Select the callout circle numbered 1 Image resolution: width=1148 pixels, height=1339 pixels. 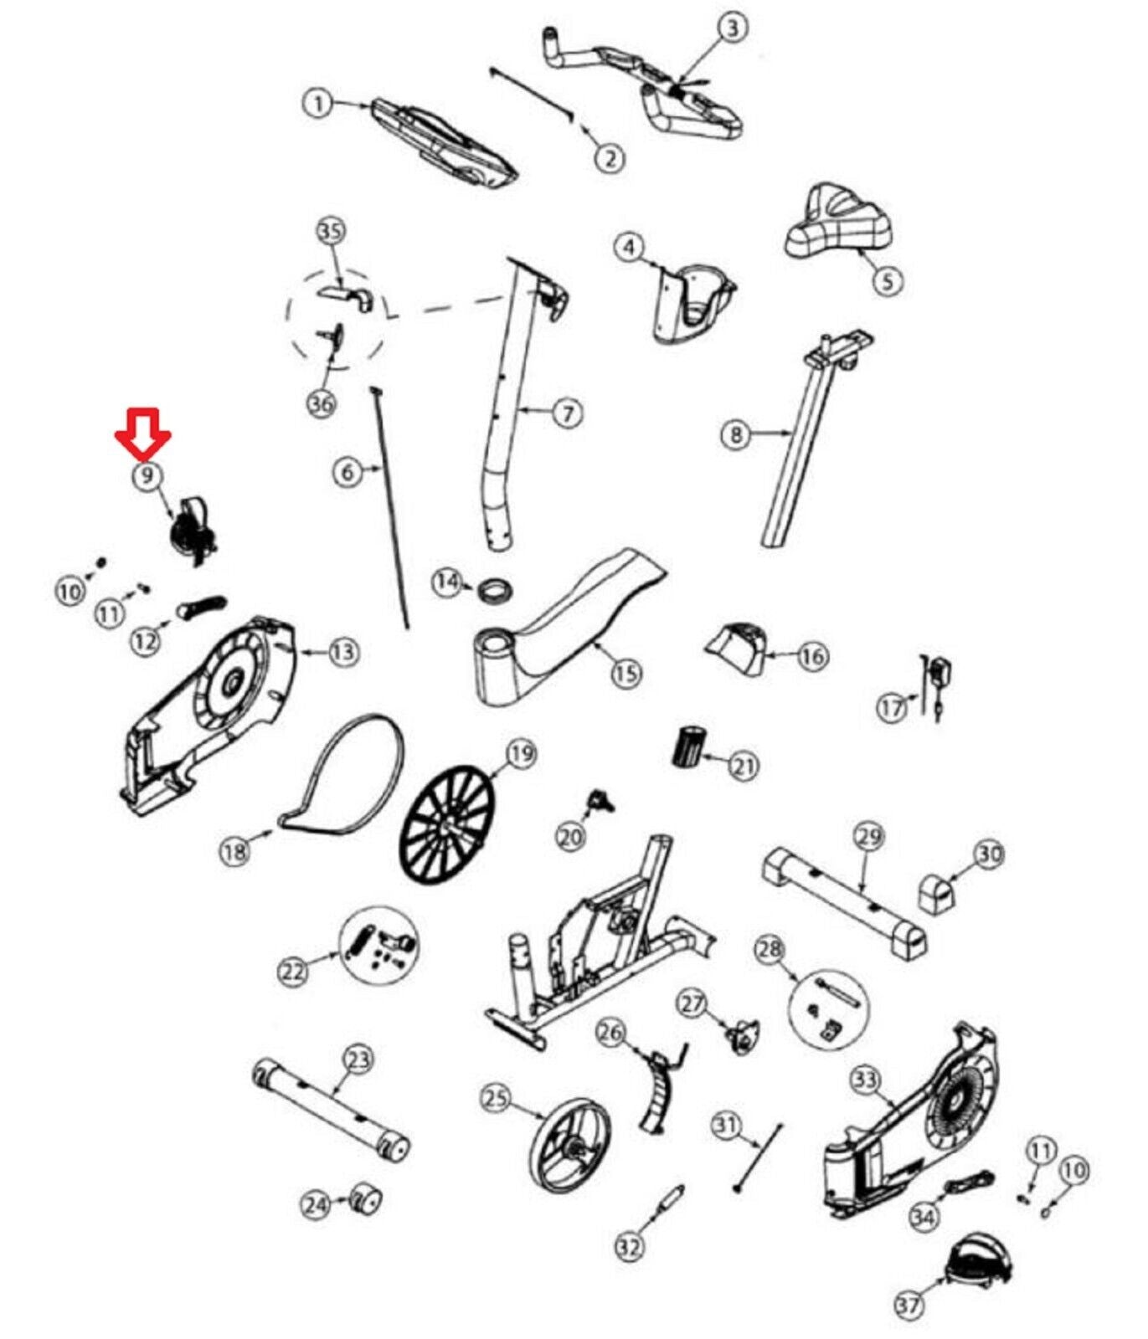pyautogui.click(x=318, y=104)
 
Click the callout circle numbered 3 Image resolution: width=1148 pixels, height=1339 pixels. pyautogui.click(x=733, y=28)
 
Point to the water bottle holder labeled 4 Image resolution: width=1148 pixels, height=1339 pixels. pyautogui.click(x=692, y=304)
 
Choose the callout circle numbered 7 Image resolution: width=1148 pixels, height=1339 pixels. pyautogui.click(x=568, y=413)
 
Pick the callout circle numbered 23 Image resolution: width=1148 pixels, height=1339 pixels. pyautogui.click(x=358, y=1060)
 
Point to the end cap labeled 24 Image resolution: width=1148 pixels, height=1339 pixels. pyautogui.click(x=365, y=1200)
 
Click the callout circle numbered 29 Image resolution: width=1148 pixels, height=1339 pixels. pyautogui.click(x=870, y=836)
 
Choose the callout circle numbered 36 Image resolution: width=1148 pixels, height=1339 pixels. pyautogui.click(x=322, y=404)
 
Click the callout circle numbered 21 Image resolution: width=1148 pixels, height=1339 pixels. pyautogui.click(x=744, y=765)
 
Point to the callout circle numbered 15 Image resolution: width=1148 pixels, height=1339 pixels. pyautogui.click(x=626, y=672)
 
